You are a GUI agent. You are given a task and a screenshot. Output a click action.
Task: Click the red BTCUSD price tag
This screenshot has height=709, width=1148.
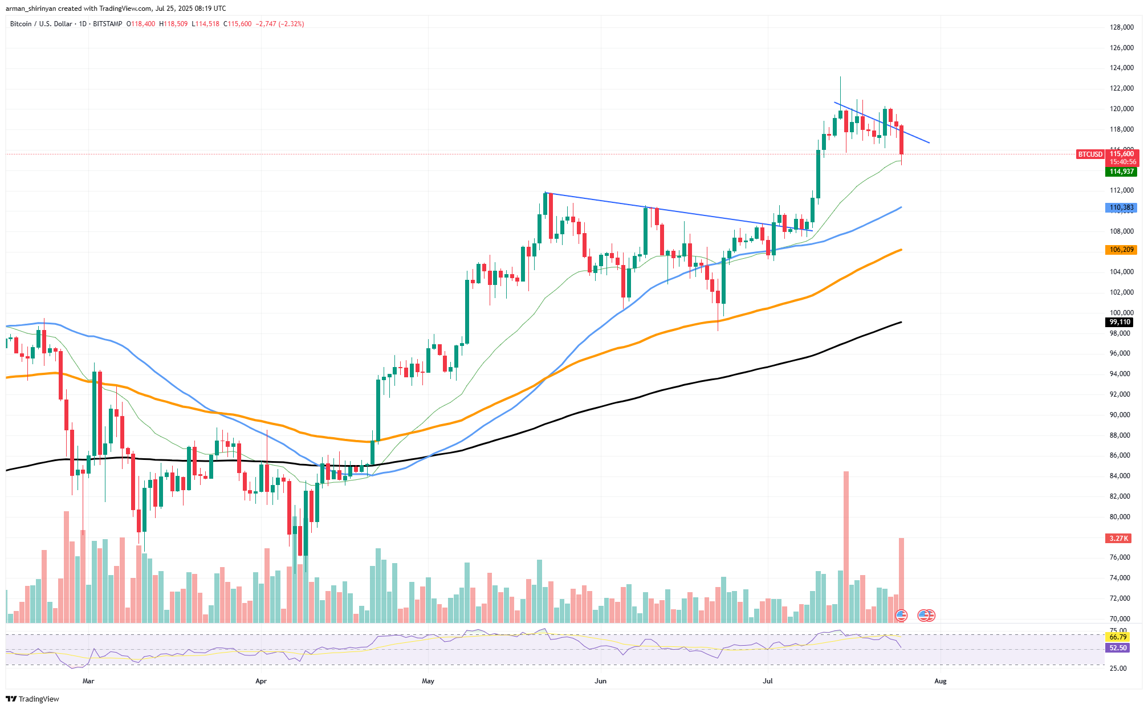coord(1090,154)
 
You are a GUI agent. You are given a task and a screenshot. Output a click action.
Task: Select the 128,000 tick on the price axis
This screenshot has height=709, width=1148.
coord(1121,27)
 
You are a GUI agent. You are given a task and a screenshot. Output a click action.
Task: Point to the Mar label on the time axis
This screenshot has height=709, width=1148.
coord(88,681)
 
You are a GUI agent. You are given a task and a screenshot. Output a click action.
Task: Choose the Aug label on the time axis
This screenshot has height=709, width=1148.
coord(941,681)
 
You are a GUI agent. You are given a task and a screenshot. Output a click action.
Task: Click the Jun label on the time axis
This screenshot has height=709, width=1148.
coord(600,681)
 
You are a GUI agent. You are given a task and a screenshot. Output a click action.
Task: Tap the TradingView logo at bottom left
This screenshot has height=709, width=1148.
coord(32,699)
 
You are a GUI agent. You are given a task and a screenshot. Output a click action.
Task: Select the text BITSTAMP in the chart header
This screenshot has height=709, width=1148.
coord(107,24)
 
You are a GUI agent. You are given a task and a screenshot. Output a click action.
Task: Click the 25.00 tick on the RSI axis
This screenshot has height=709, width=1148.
coord(1118,668)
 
